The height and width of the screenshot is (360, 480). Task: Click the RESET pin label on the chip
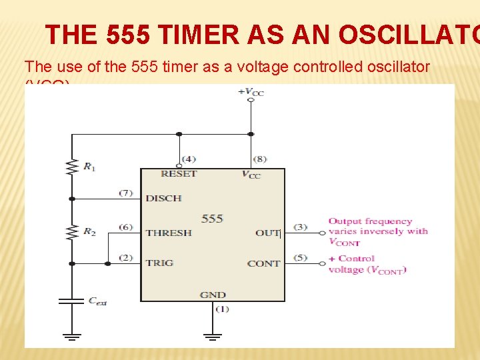[x=179, y=174]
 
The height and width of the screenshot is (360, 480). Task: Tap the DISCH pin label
[x=163, y=198]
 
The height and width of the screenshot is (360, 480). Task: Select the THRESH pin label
[x=169, y=233]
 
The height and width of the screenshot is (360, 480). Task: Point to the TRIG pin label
[x=159, y=263]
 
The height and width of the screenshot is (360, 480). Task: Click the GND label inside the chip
[x=213, y=295]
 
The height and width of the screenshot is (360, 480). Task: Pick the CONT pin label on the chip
[x=263, y=263]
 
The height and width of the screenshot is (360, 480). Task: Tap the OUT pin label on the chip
[x=267, y=233]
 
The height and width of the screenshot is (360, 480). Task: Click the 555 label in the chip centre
[x=212, y=218]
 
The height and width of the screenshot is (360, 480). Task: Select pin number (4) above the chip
[x=189, y=159]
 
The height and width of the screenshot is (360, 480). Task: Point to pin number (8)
[x=261, y=159]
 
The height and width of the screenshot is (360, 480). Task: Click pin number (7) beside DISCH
[x=126, y=193]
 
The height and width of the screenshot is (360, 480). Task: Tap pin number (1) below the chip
[x=222, y=309]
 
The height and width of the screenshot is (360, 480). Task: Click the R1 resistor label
[x=89, y=167]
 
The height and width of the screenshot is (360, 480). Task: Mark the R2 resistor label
[x=89, y=231]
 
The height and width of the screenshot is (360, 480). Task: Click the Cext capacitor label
[x=97, y=301]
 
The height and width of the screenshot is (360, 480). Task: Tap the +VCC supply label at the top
[x=251, y=92]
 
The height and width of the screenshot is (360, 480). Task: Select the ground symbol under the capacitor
[x=71, y=336]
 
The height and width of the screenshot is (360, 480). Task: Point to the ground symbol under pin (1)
[x=212, y=336]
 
